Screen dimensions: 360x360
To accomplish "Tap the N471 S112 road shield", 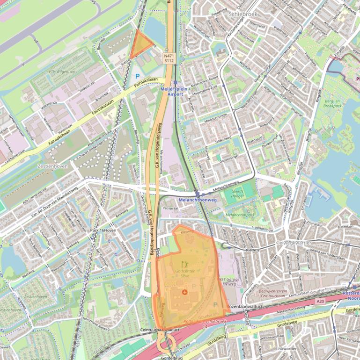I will (169, 58).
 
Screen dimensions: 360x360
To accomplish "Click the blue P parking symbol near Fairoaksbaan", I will (137, 76).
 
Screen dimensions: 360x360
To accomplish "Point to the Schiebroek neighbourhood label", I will (243, 14).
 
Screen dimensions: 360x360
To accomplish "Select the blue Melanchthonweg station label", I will (198, 200).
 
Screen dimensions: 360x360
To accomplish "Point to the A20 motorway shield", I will (320, 302).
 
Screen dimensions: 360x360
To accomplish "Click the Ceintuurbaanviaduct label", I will (160, 330).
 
